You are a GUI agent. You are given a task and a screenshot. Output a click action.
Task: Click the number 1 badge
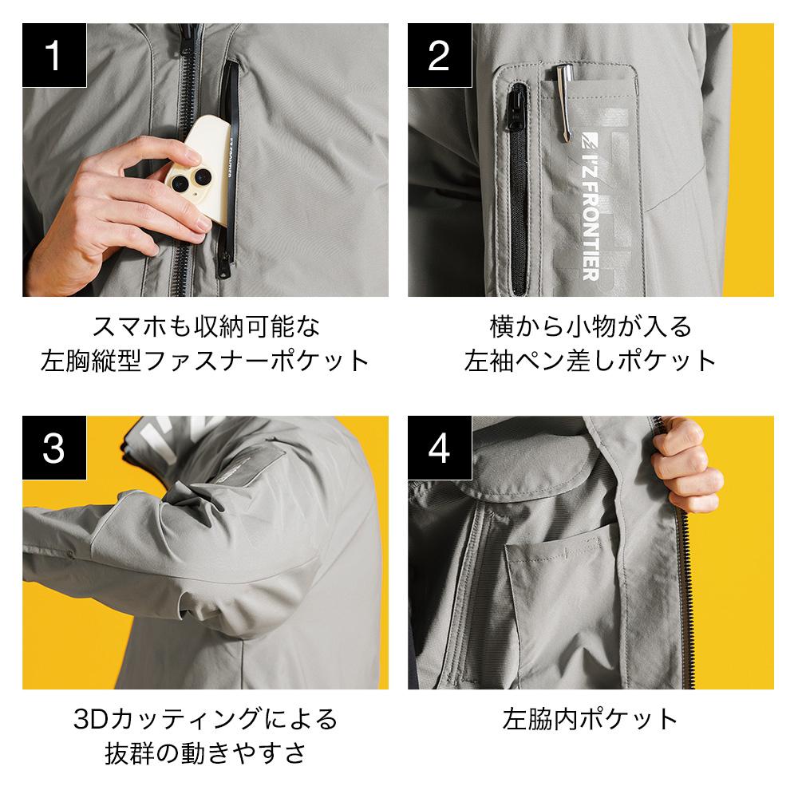(53, 55)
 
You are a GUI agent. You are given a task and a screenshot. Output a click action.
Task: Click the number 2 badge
(439, 55)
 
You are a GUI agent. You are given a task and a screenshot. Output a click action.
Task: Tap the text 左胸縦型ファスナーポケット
(205, 361)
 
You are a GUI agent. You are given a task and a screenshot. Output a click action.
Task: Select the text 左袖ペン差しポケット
(591, 361)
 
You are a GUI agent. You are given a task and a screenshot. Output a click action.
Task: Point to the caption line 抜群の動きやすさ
(205, 753)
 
